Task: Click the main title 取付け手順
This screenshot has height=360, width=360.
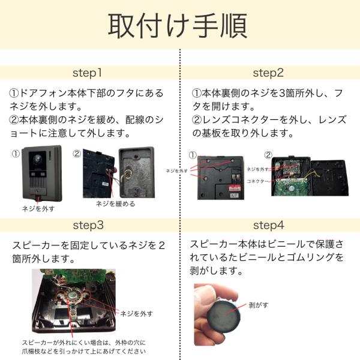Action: click(x=178, y=25)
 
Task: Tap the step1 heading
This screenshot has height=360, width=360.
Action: click(x=87, y=73)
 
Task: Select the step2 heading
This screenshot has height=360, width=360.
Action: click(x=268, y=73)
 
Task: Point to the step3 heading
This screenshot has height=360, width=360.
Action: click(x=88, y=225)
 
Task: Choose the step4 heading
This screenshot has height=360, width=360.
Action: click(x=269, y=225)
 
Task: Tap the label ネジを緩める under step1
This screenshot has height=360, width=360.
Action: click(x=115, y=203)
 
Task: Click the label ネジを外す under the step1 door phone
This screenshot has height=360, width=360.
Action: click(x=38, y=209)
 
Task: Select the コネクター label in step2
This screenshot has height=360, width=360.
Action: click(x=257, y=181)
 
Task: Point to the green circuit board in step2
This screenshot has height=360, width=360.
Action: click(x=292, y=187)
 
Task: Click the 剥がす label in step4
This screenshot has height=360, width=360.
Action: click(x=259, y=305)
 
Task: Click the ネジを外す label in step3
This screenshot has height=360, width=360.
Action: click(x=137, y=314)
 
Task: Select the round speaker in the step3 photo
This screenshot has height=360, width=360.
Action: click(x=72, y=296)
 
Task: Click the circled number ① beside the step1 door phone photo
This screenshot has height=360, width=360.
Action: click(x=16, y=154)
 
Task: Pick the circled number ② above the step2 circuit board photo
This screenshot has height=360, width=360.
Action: click(x=268, y=155)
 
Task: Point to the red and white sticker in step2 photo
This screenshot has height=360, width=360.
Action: click(x=235, y=188)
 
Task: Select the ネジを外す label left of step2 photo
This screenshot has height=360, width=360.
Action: click(x=176, y=171)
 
